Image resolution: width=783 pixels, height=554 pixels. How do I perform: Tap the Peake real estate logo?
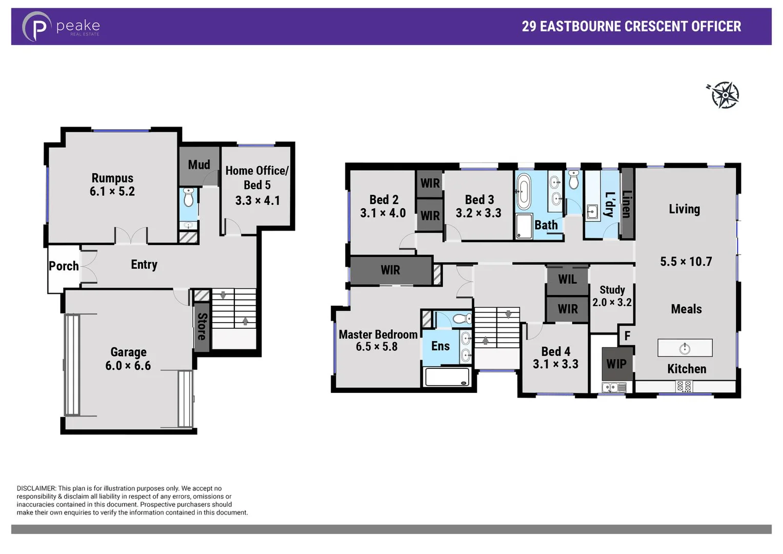pos(61,27)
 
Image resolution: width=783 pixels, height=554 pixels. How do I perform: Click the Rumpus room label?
pos(112,178)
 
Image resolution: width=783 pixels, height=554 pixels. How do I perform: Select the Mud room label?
pos(199,165)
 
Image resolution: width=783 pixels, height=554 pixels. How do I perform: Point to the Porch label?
pos(64,266)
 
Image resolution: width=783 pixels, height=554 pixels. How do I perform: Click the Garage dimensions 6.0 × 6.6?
pos(128,366)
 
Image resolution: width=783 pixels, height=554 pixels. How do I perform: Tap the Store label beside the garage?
pos(202,327)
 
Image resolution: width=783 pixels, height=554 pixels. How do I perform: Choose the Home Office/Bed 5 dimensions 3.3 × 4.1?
pos(257,201)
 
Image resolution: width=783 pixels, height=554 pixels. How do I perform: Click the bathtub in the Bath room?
pos(523,191)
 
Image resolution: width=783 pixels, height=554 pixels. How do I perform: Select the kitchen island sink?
pos(685,349)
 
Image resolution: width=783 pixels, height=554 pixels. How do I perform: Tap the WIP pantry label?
pos(616,364)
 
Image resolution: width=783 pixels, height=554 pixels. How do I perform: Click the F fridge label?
pos(627,336)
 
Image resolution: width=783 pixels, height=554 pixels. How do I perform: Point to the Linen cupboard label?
pos(627,204)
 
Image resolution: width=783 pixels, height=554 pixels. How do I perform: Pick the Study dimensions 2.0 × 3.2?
pos(612,303)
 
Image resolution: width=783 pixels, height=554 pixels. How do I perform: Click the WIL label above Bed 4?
pos(567,280)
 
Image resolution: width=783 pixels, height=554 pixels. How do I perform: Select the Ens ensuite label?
pos(440,346)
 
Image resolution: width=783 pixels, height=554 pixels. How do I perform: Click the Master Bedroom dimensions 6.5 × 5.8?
pos(376,347)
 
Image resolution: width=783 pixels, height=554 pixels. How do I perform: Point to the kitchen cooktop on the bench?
pos(684,386)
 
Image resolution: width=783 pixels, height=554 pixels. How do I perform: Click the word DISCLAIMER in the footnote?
pos(36,488)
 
